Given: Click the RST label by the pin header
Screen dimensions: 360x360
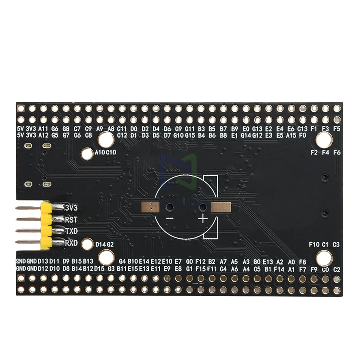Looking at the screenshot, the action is click(71, 219).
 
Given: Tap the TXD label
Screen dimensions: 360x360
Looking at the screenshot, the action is click(71, 231).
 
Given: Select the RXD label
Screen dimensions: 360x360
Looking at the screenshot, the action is click(71, 243).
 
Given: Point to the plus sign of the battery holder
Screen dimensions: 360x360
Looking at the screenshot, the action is click(203, 218).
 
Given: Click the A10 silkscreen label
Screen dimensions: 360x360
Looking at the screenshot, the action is click(100, 152).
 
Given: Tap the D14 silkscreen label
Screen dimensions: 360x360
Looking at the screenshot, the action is click(101, 244).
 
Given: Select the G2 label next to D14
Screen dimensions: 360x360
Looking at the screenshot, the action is click(111, 244).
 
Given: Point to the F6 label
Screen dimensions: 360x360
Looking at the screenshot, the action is click(337, 152).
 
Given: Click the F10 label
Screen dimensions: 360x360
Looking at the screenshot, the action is click(314, 244).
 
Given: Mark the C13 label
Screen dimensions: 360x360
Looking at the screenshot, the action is click(302, 129).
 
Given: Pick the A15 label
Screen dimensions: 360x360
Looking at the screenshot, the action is click(291, 135).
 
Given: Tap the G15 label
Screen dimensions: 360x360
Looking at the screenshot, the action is click(190, 135).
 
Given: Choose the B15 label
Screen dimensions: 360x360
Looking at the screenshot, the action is click(77, 261).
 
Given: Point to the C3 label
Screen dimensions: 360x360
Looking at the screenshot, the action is click(337, 244).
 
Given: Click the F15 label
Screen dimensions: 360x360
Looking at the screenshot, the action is click(201, 269).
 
